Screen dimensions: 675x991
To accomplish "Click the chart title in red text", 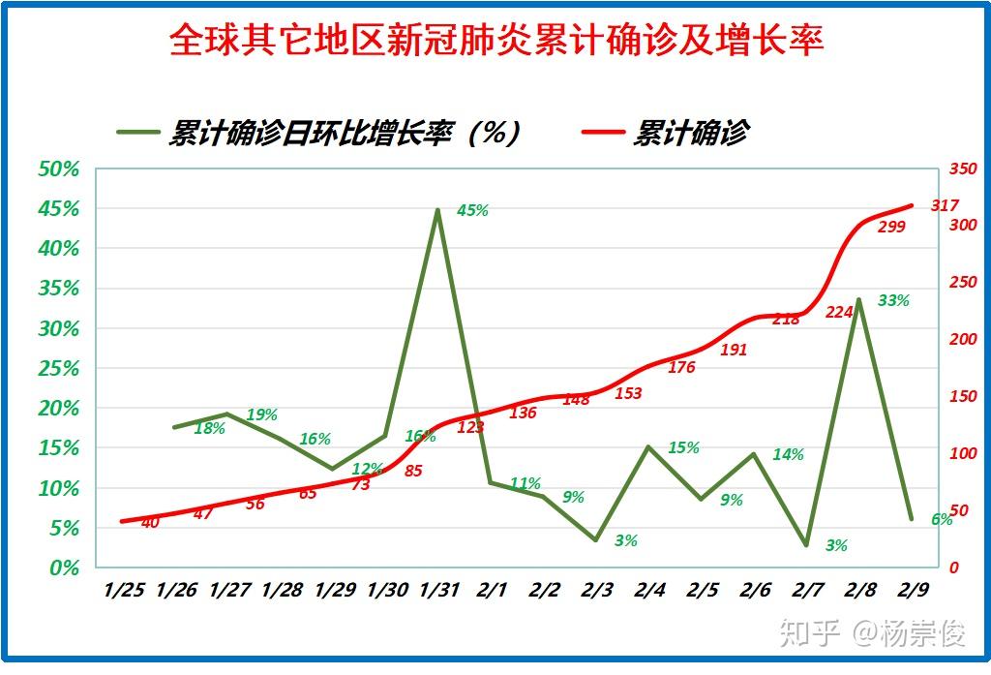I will pyautogui.click(x=495, y=41).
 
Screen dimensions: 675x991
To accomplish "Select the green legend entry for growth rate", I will pyautogui.click(x=319, y=133).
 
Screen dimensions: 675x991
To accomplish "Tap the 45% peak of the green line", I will pyautogui.click(x=437, y=210).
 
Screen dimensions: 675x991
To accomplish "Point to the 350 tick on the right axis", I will pyautogui.click(x=964, y=169).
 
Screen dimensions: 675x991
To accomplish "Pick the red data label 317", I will pyautogui.click(x=944, y=205).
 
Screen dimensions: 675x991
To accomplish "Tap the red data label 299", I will pyautogui.click(x=891, y=228).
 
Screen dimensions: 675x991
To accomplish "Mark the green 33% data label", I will pyautogui.click(x=893, y=301).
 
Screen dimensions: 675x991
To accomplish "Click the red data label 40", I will pyautogui.click(x=150, y=523).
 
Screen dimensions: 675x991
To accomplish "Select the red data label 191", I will pyautogui.click(x=734, y=351).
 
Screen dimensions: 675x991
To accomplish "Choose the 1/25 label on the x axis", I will pyautogui.click(x=124, y=589).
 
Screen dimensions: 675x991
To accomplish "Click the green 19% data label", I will pyautogui.click(x=261, y=415).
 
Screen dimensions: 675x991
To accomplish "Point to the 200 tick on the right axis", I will pyautogui.click(x=964, y=340).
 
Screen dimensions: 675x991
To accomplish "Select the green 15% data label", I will pyautogui.click(x=683, y=448).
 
